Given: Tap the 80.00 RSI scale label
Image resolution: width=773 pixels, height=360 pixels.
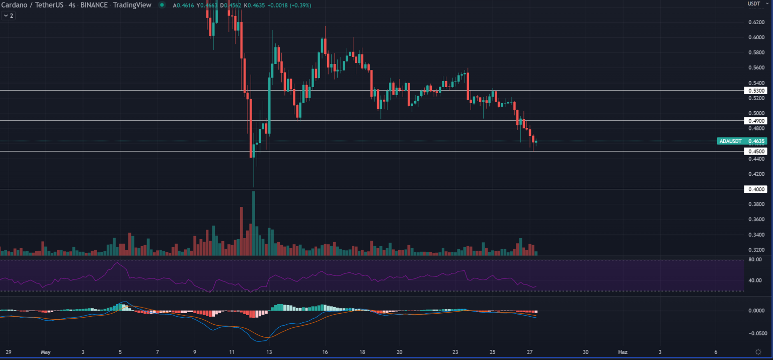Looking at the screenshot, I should pyautogui.click(x=754, y=260).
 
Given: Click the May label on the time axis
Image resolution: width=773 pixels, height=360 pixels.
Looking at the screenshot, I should pyautogui.click(x=45, y=352).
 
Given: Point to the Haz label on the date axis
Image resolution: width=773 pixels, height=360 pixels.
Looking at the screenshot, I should pyautogui.click(x=623, y=352).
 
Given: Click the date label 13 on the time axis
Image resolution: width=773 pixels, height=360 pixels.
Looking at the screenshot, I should pyautogui.click(x=269, y=352).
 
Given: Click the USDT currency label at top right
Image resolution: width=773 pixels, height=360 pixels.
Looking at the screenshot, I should pyautogui.click(x=753, y=4).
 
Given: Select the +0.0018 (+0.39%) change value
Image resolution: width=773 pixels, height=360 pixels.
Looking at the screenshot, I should pyautogui.click(x=292, y=5).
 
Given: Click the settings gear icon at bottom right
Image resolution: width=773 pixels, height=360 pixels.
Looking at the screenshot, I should pyautogui.click(x=758, y=351).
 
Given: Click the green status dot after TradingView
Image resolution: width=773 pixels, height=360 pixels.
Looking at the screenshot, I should pyautogui.click(x=162, y=5).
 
